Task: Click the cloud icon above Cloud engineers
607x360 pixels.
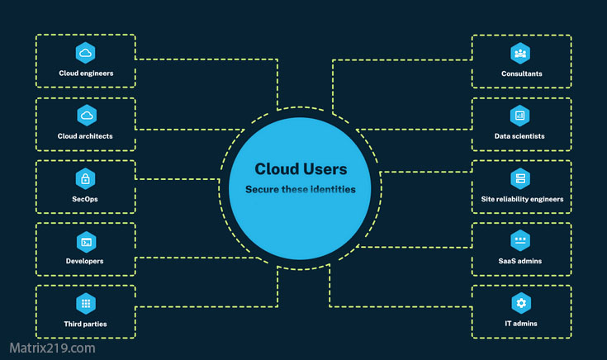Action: click(x=85, y=53)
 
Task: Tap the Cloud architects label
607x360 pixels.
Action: click(x=85, y=136)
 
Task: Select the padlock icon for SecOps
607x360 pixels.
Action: click(x=85, y=178)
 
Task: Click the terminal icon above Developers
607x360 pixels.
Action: click(x=85, y=241)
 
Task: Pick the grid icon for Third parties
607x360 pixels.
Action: click(x=85, y=303)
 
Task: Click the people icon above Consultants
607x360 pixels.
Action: click(x=520, y=53)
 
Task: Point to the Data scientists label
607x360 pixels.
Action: click(x=520, y=136)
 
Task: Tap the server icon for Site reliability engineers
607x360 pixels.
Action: click(x=520, y=178)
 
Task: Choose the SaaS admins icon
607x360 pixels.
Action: click(x=520, y=241)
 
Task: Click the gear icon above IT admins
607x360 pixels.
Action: click(x=520, y=303)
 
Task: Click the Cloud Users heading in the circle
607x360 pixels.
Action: click(x=301, y=168)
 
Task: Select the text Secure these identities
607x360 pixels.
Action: click(x=301, y=190)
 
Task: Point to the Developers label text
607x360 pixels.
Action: click(x=85, y=261)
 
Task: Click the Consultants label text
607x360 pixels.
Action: click(x=521, y=73)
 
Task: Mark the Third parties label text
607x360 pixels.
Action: click(x=85, y=324)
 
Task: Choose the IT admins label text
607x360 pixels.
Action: click(x=520, y=324)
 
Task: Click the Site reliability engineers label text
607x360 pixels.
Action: click(x=522, y=199)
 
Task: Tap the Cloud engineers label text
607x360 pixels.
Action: click(x=85, y=73)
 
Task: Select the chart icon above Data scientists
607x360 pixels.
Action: click(x=520, y=116)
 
